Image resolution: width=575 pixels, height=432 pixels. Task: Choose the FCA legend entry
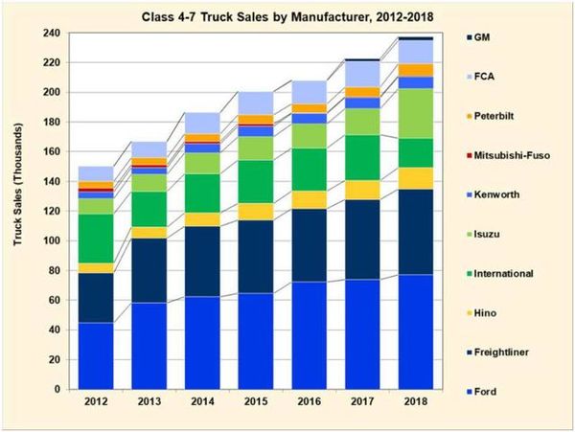(502, 75)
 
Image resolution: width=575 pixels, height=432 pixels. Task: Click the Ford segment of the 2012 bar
(97, 355)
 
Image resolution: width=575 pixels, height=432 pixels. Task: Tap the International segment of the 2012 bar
(97, 238)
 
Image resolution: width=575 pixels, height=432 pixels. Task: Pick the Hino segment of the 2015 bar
(257, 212)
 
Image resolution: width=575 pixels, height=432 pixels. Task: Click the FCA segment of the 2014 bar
(203, 123)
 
